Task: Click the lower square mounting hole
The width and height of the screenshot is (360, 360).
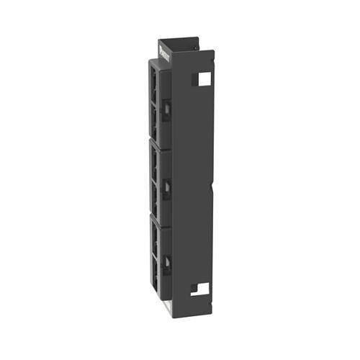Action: pyautogui.click(x=201, y=290)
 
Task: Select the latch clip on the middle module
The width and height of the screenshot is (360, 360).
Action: pyautogui.click(x=166, y=189)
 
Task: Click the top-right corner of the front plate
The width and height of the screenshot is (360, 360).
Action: pyautogui.click(x=213, y=51)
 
